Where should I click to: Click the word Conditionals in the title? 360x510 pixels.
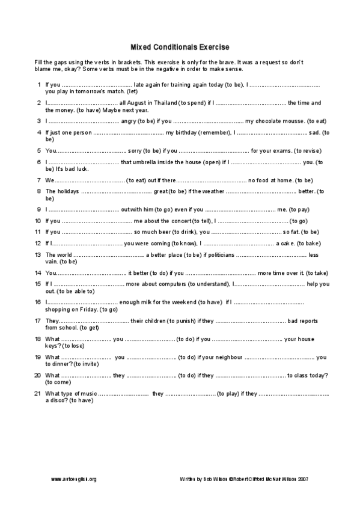coord(180,47)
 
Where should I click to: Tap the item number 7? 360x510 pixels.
coord(38,179)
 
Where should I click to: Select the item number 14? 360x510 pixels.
coord(37,272)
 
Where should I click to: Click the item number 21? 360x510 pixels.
coord(37,393)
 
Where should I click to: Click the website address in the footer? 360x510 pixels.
coord(74,479)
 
